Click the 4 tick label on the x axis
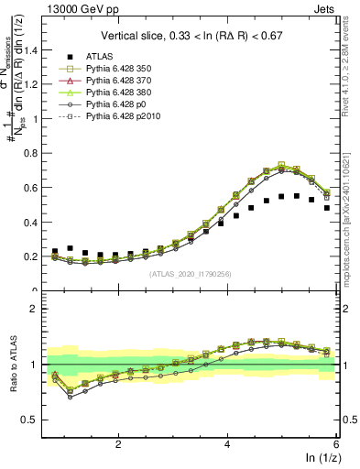point(227,444)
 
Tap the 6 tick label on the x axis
point(335,444)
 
